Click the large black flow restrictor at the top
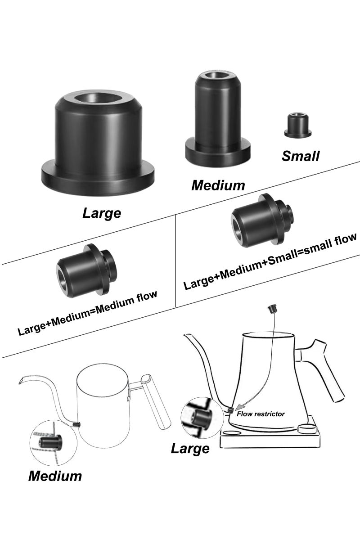(x=98, y=144)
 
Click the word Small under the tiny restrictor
(x=301, y=156)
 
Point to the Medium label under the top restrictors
(x=218, y=185)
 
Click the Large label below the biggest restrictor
(x=102, y=212)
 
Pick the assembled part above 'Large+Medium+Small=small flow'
(x=262, y=219)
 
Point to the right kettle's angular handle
(x=325, y=369)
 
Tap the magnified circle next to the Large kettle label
(x=197, y=418)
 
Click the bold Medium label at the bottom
(x=55, y=476)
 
